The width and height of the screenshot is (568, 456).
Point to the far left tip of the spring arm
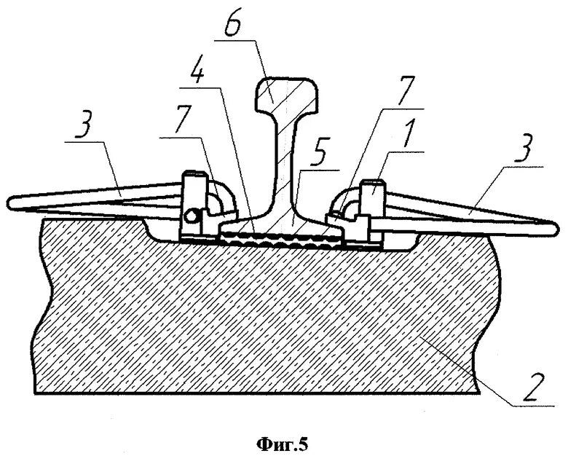10,200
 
